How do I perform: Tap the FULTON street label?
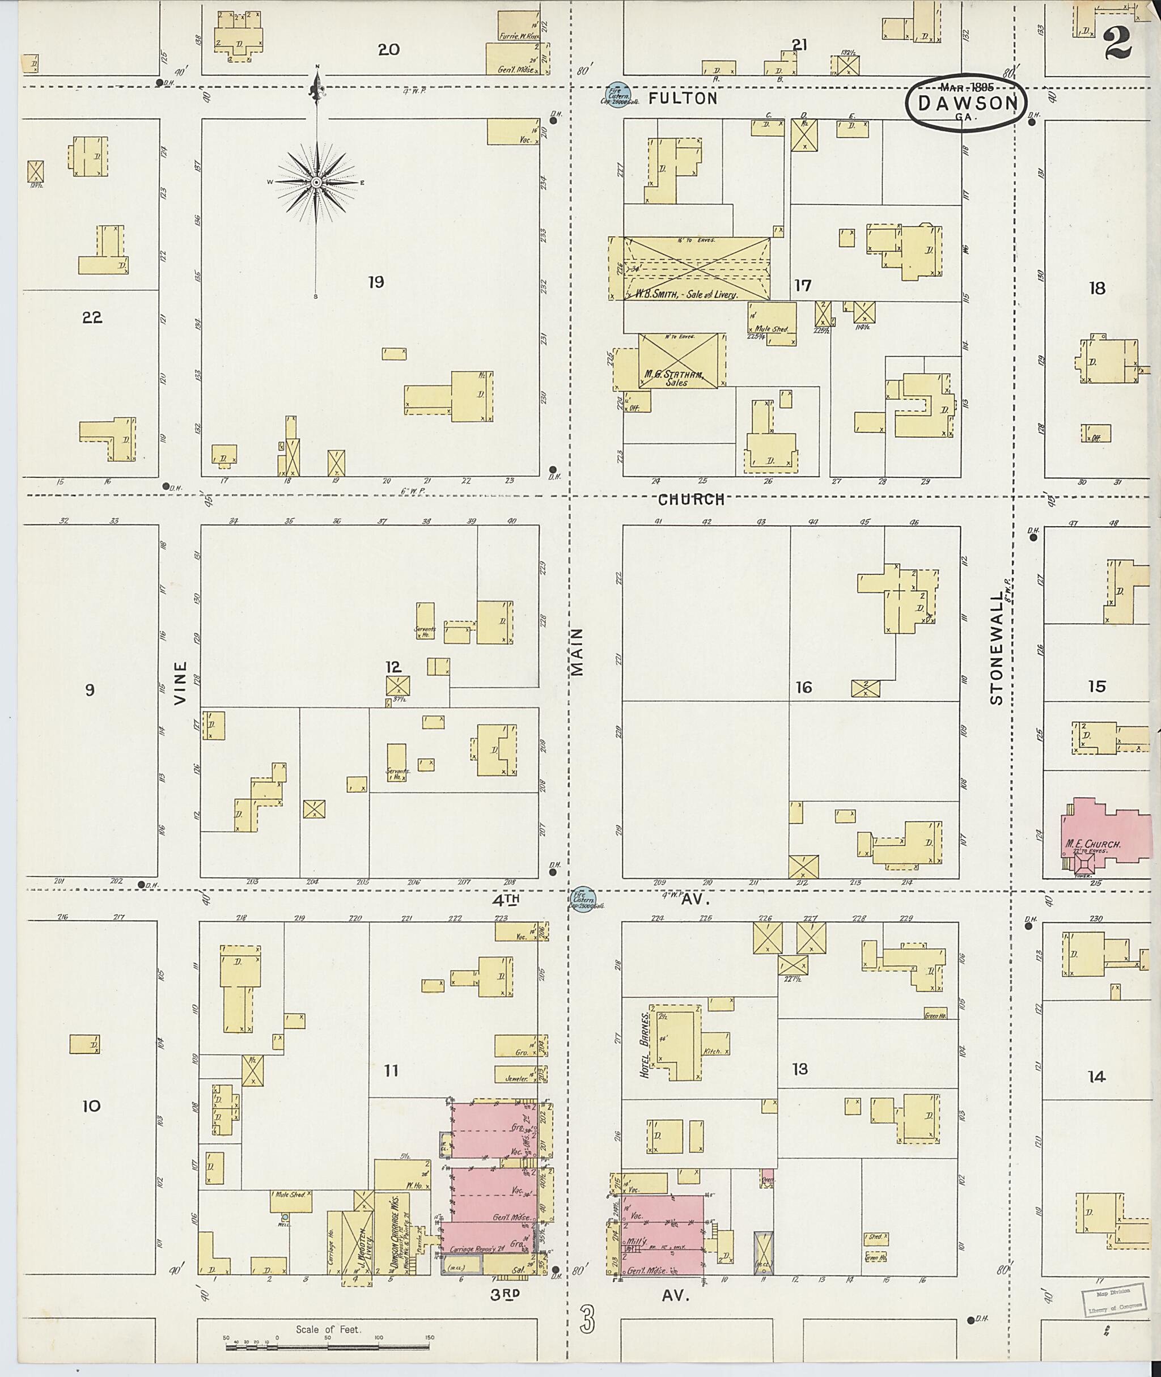coord(683,99)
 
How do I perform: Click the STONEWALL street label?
coord(996,648)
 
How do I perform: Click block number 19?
coord(376,282)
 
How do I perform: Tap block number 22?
coord(92,318)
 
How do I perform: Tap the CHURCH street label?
coord(691,499)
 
